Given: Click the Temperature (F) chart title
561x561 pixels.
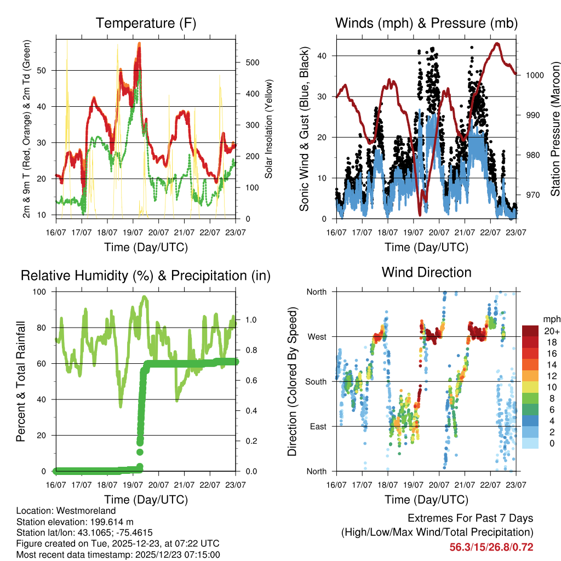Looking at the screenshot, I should [x=146, y=23].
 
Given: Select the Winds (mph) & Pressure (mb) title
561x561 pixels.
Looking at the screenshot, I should [x=426, y=23].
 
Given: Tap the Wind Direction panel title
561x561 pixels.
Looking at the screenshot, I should [x=426, y=272].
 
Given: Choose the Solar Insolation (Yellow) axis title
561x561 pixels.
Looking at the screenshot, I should [x=268, y=129].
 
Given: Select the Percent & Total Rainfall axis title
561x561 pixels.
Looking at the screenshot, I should [x=20, y=381].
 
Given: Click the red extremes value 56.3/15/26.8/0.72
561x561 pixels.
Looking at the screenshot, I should [x=491, y=547].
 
